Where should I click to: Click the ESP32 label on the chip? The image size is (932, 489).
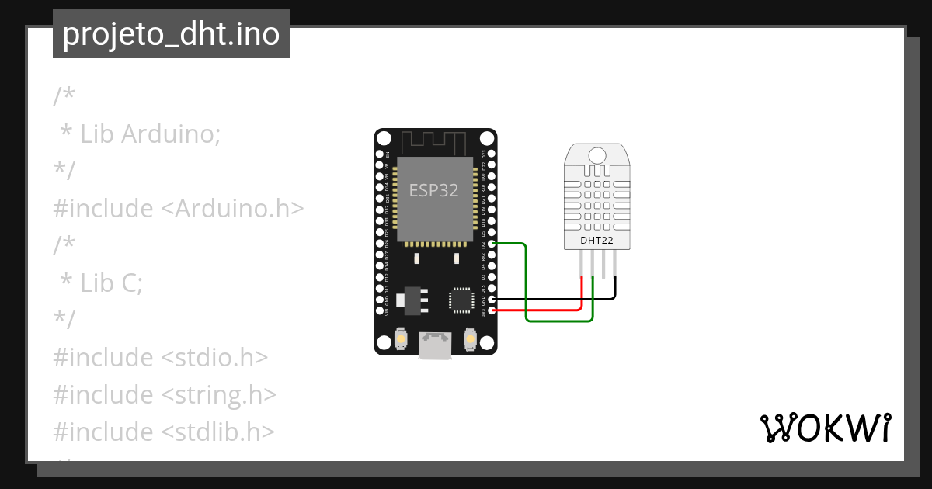(x=433, y=191)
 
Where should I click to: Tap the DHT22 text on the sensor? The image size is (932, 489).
(x=596, y=241)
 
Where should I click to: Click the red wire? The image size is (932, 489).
(x=544, y=310)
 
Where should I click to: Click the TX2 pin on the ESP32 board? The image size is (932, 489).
(x=490, y=244)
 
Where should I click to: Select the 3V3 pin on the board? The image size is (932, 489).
(x=490, y=310)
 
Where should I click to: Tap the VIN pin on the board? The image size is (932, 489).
(x=381, y=310)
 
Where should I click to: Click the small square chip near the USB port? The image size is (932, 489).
(x=461, y=300)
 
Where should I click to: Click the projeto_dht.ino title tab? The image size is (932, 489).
(x=171, y=34)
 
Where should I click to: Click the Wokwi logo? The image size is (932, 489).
(x=825, y=428)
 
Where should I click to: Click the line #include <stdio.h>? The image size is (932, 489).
(x=160, y=357)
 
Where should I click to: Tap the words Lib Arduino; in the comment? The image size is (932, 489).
(x=151, y=134)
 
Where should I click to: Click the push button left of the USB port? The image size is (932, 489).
(x=402, y=339)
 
